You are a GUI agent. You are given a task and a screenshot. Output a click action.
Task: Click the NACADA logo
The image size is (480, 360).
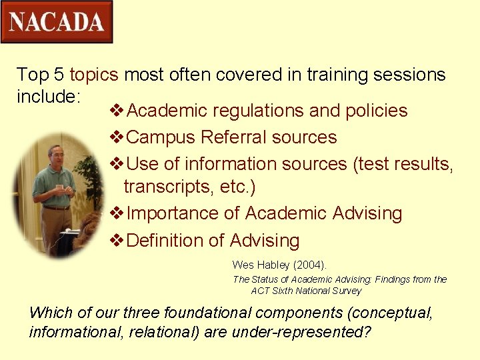point(57,22)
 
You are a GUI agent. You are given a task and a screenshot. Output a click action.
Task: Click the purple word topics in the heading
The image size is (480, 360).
point(94,75)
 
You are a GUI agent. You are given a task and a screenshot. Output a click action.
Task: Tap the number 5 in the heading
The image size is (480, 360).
point(58,75)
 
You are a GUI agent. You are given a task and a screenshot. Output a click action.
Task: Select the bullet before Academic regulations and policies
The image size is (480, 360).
point(116,111)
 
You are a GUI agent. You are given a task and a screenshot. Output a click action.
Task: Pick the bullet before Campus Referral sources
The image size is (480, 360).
point(116,137)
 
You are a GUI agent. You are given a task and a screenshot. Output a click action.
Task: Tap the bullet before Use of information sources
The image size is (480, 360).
point(116,164)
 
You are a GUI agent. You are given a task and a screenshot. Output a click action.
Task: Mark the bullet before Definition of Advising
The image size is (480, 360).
point(116,240)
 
